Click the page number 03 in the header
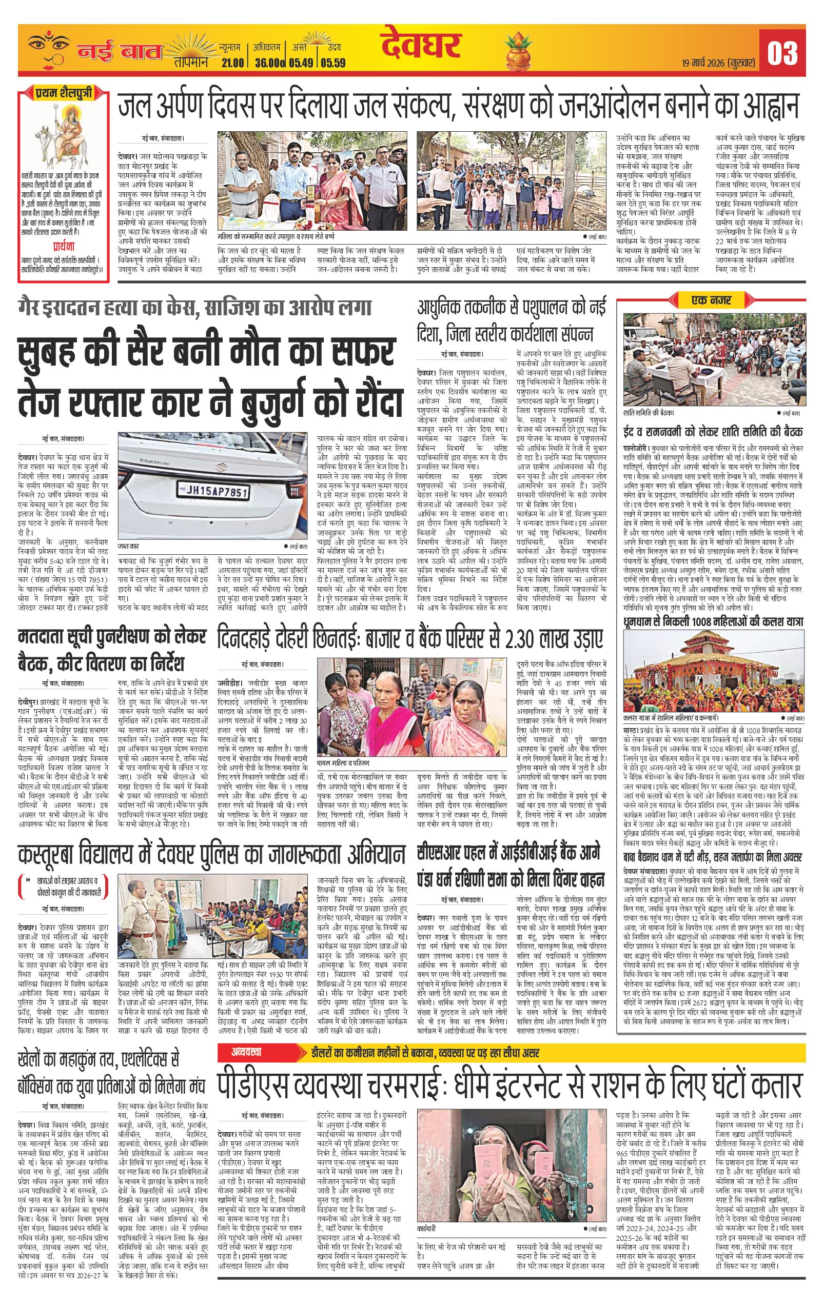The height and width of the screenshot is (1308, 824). (782, 53)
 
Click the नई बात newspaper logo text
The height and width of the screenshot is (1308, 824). (120, 52)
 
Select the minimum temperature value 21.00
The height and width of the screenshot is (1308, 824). (232, 63)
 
